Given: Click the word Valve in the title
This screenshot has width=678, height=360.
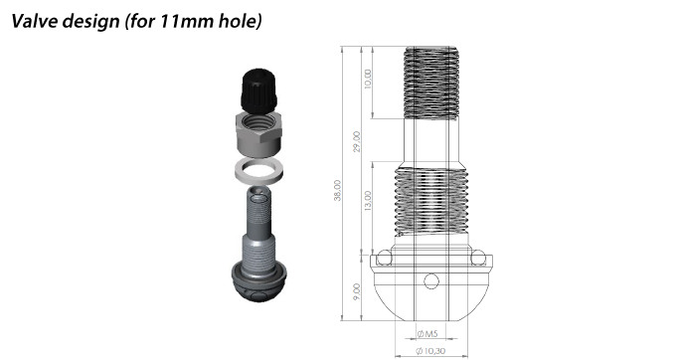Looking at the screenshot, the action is click(35, 21).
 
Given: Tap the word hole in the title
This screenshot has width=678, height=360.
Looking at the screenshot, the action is click(237, 21).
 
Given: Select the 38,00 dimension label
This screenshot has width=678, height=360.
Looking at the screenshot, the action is click(337, 190).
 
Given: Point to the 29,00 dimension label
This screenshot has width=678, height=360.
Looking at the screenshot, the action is click(357, 141).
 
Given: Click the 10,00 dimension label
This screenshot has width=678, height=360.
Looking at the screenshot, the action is click(368, 80).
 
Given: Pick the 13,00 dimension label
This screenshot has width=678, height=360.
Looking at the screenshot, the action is click(368, 201).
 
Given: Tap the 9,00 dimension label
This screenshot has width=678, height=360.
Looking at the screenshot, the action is click(357, 292).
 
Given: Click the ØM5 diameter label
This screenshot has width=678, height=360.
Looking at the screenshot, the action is click(427, 333).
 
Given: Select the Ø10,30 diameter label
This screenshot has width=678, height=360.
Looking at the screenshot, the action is click(430, 350).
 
